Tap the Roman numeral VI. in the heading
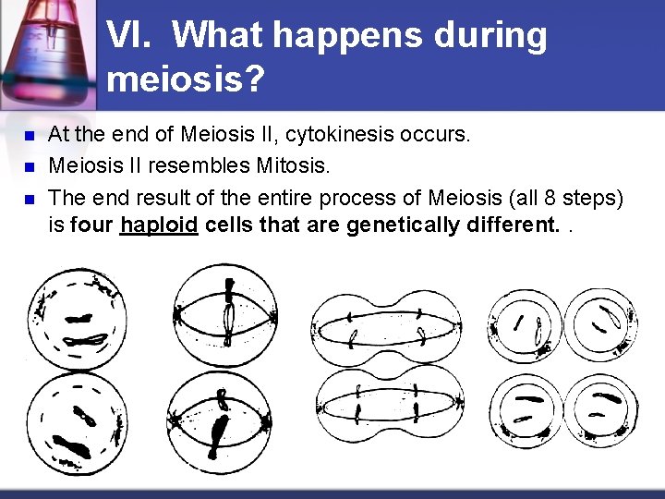132,36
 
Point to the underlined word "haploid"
159,225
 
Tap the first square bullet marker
27,136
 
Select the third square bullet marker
27,199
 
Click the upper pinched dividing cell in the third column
388,328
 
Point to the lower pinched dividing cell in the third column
388,407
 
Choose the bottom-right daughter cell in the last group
599,408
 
